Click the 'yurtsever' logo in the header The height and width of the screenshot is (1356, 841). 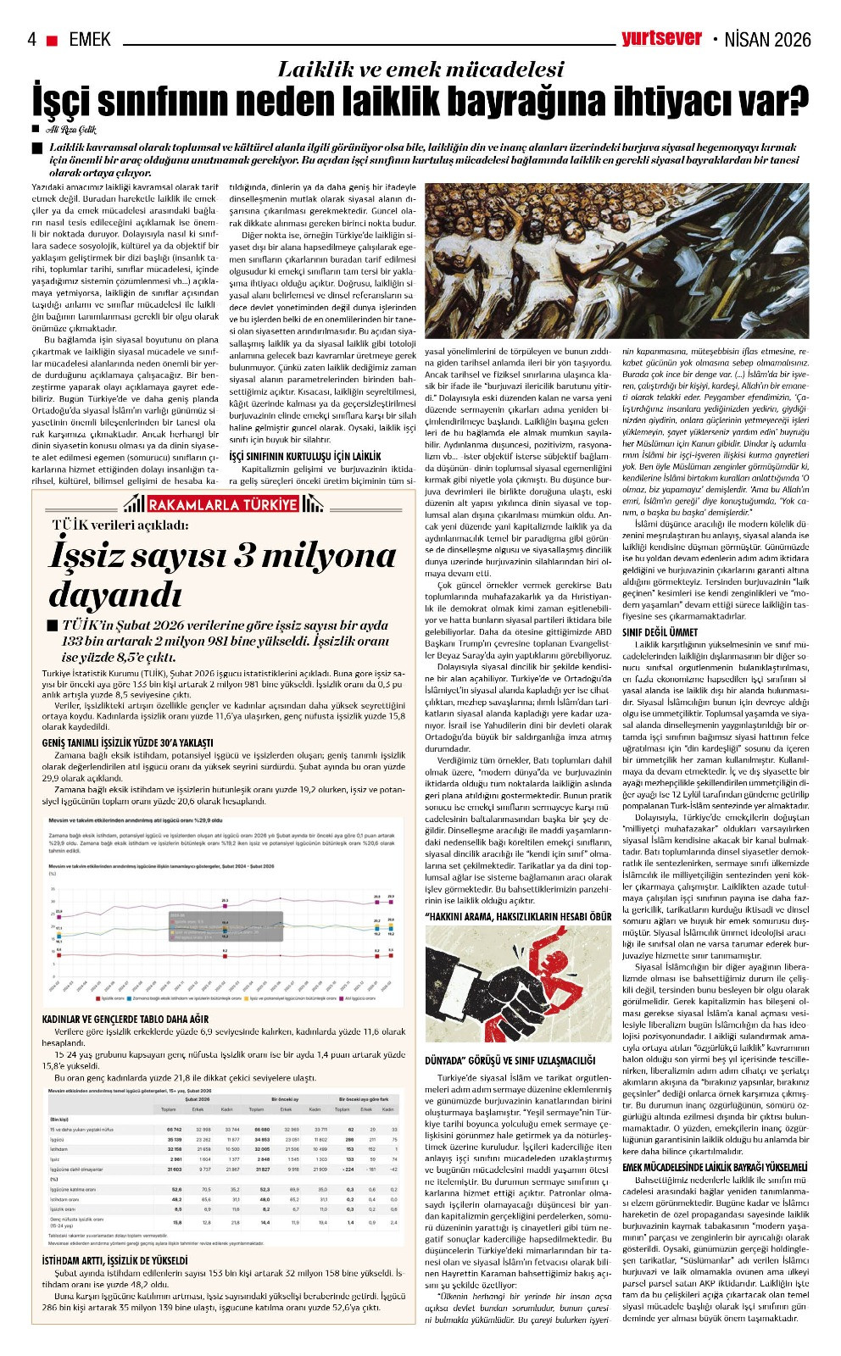coord(661,38)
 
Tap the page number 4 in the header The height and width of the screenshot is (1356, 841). coord(32,40)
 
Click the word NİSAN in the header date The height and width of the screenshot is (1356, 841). coord(750,40)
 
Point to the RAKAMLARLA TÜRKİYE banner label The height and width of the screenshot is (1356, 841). coord(223,505)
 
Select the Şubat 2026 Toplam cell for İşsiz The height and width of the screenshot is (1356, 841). coord(175,1159)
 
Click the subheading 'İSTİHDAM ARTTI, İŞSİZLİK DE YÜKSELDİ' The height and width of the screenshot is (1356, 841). coord(114,1260)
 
